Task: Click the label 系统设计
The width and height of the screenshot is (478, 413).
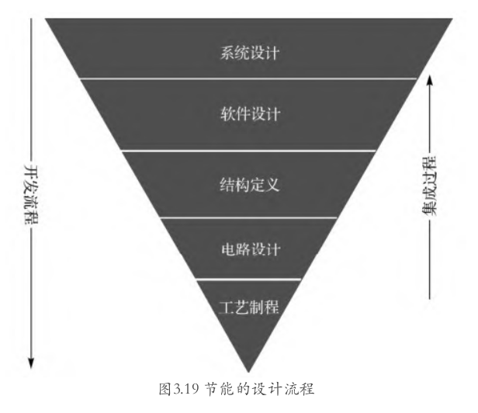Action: coord(249,53)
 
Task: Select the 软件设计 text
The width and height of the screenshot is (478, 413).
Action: coord(250,114)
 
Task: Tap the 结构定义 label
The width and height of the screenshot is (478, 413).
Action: coord(249,185)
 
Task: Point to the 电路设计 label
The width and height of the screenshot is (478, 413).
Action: coord(251,249)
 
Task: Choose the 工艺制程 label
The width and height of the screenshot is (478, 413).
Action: coord(249,307)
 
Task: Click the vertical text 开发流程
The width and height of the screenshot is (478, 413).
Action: coord(31,195)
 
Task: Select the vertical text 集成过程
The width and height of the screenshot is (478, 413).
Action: coord(430,186)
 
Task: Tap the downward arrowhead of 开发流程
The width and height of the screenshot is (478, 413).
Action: coord(31,363)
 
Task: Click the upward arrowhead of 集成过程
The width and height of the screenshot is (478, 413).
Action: coord(430,81)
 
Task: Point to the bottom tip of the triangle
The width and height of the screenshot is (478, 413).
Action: coord(248,372)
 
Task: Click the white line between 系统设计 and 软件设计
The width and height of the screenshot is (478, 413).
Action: coord(248,78)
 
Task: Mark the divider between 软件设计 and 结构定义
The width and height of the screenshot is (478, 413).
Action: coord(249,151)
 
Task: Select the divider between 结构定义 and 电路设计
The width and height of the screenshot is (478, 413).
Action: coord(249,218)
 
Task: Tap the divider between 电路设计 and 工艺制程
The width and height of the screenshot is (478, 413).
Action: coord(249,279)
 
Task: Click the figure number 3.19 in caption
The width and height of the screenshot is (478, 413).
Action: coord(186,389)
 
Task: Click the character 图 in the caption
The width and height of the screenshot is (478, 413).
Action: coord(165,389)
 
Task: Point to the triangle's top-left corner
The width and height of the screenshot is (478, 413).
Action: coord(46,19)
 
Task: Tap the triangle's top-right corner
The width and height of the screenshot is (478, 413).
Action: coord(452,19)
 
